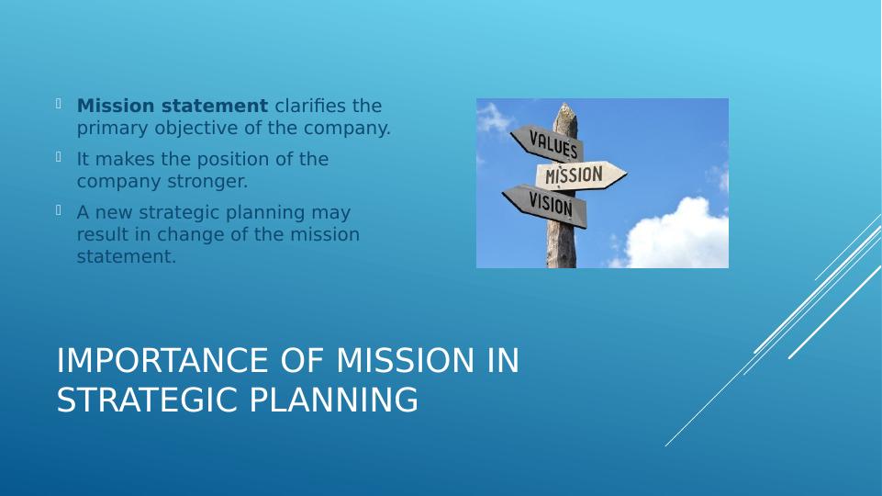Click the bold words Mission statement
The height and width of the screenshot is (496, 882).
point(173,106)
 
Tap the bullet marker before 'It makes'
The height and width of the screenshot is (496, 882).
point(59,156)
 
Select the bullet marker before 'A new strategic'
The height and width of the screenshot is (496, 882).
point(59,210)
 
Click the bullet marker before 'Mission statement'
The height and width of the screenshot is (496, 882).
point(59,103)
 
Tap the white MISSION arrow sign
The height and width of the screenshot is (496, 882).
point(580,175)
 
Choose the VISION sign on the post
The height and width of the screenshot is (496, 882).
point(545,206)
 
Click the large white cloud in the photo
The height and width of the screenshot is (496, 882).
point(675,236)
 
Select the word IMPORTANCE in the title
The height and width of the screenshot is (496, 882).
point(162,360)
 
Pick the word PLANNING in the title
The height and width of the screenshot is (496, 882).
point(333,400)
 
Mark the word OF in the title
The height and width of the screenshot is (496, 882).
point(302,360)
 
